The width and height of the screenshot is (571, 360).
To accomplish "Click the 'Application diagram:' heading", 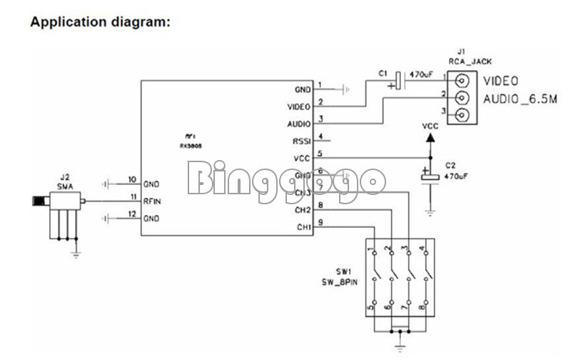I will [100, 22].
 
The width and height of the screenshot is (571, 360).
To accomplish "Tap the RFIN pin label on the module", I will [152, 201].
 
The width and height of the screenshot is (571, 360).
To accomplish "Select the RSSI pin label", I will [302, 141].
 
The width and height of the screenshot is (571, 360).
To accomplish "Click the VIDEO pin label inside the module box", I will [299, 106].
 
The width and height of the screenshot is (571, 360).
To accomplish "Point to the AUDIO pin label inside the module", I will [300, 124].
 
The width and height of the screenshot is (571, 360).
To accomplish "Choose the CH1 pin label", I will [303, 227].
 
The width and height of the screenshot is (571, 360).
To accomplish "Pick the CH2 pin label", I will [303, 210].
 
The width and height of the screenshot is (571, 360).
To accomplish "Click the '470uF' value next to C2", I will [456, 175].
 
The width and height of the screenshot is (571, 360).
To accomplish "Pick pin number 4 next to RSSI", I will [320, 136].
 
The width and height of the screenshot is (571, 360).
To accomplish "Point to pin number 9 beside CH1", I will [320, 223].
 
